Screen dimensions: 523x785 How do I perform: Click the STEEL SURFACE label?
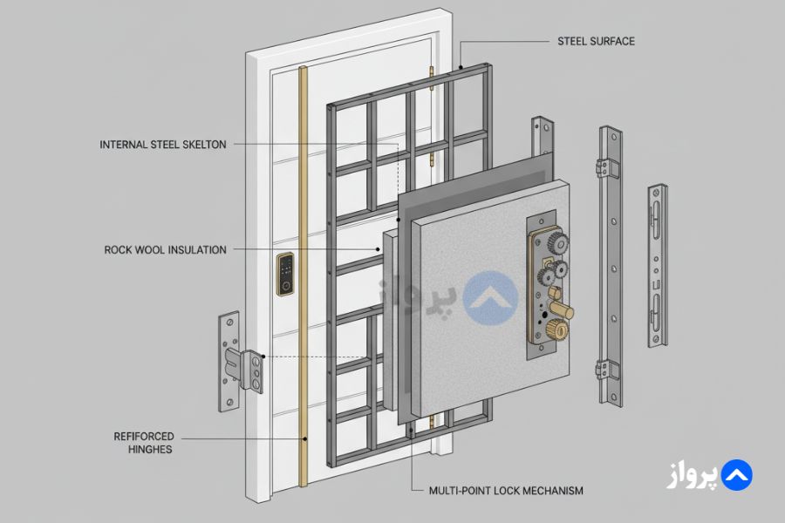(x=596, y=41)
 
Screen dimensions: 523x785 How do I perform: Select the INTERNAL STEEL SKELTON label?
(x=163, y=145)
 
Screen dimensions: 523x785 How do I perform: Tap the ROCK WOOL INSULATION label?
(x=165, y=250)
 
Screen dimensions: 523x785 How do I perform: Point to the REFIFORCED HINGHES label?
(x=144, y=443)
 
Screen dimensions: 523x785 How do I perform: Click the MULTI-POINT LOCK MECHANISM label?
(x=506, y=491)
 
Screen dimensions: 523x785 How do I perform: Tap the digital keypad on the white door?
(x=284, y=275)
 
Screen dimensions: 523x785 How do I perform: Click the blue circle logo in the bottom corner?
(x=737, y=475)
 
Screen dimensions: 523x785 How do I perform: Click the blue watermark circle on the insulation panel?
(x=489, y=295)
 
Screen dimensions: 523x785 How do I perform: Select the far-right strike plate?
(x=658, y=266)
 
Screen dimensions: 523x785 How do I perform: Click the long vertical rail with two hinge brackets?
(x=611, y=266)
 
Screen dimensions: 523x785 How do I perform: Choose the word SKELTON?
(x=203, y=145)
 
